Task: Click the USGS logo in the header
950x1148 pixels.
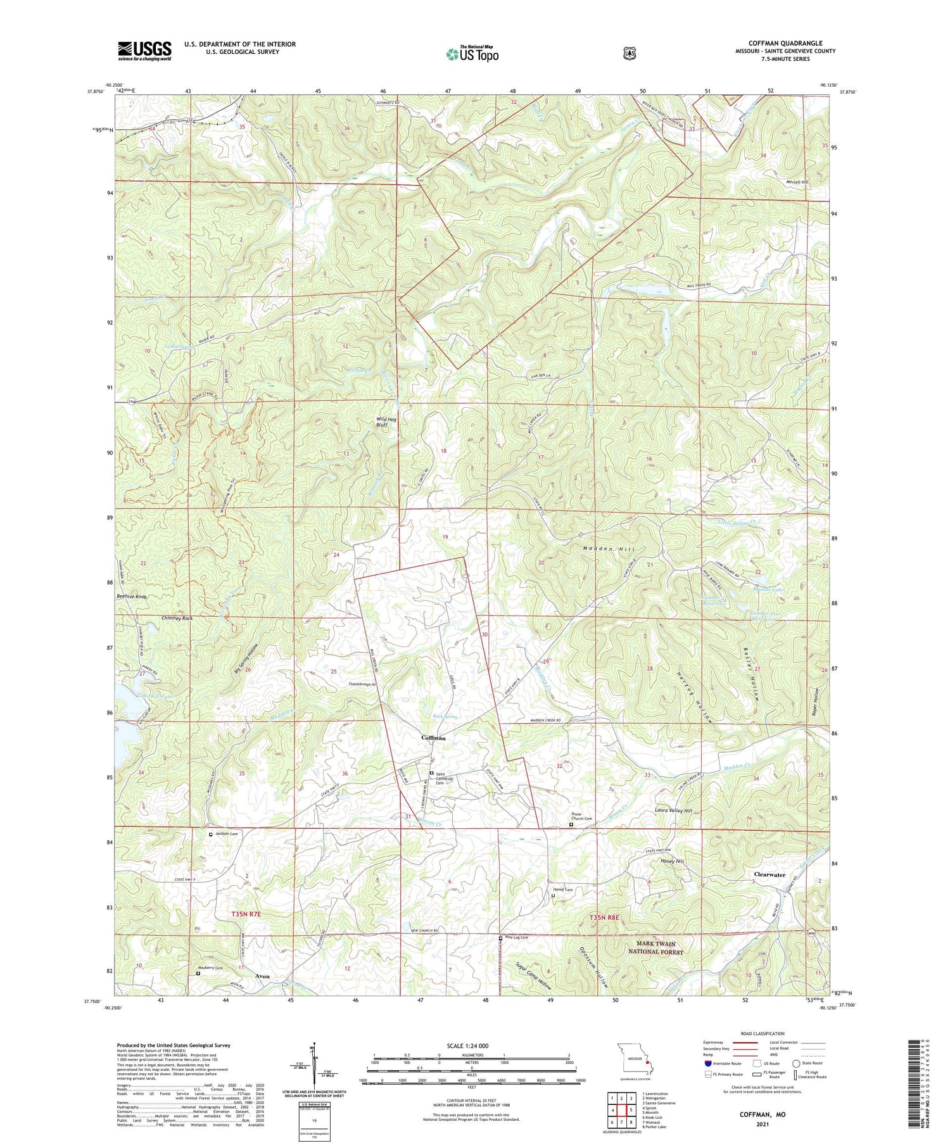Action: click(144, 51)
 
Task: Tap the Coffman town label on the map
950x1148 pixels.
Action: click(434, 738)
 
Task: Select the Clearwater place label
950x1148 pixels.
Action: click(769, 874)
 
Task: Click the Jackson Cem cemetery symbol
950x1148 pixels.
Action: click(212, 834)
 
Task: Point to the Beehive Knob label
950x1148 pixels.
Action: click(132, 596)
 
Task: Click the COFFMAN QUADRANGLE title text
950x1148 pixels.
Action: click(785, 43)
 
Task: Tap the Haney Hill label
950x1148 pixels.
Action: click(672, 861)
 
